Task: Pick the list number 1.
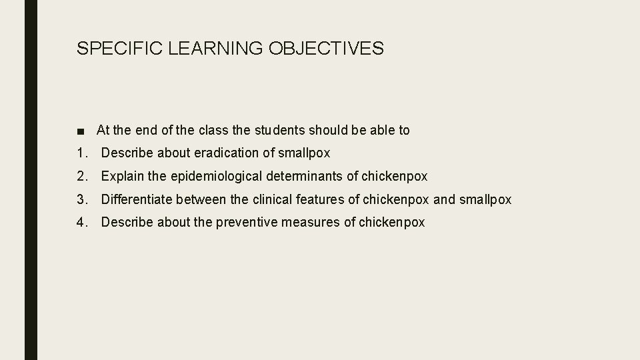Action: [x=81, y=153]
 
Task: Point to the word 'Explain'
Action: [x=122, y=177]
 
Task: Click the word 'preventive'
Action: [x=246, y=223]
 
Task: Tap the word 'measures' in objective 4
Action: [x=310, y=223]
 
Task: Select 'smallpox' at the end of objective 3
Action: [x=485, y=199]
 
